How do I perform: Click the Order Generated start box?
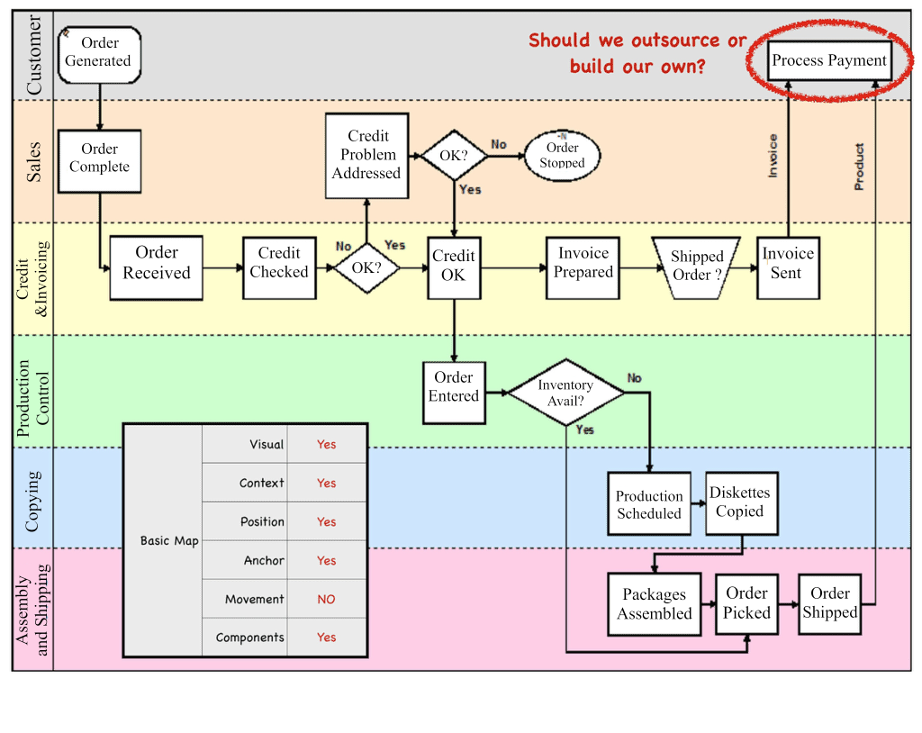point(98,53)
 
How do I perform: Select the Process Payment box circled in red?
point(829,61)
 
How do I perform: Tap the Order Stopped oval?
point(562,155)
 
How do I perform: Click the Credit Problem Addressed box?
point(366,155)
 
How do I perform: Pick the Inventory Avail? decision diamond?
point(565,393)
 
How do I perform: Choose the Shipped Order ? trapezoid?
point(696,266)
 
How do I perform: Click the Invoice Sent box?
point(788,264)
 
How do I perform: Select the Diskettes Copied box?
point(739,502)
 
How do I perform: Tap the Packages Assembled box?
point(655,604)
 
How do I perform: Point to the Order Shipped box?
point(829,603)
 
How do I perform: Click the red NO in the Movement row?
point(326,599)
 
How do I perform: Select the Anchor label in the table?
point(264,560)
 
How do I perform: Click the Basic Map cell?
point(169,541)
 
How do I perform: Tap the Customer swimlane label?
point(34,56)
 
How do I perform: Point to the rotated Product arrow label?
point(859,167)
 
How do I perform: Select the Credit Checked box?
point(279,264)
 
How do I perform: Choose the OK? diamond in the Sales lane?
point(454,156)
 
